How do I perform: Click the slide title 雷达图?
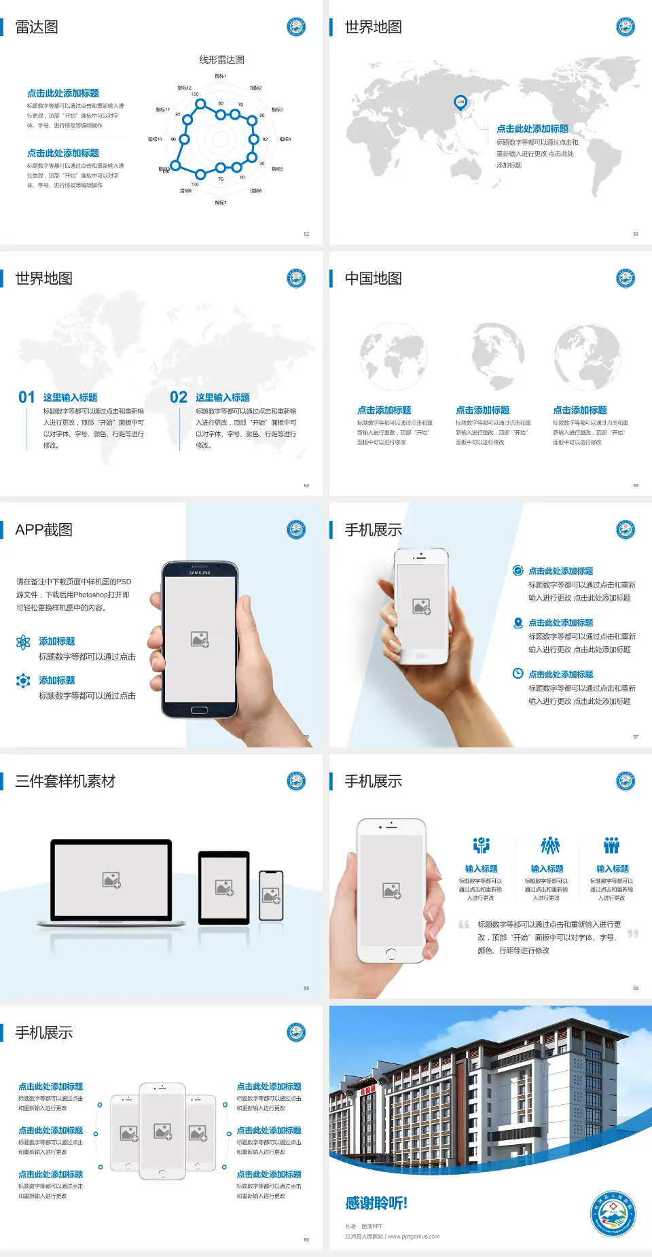[x=37, y=27]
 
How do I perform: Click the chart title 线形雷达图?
[x=221, y=60]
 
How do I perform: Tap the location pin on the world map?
[x=460, y=102]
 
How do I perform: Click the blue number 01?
[x=26, y=397]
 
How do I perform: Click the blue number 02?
[x=179, y=397]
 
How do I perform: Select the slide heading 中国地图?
[x=373, y=279]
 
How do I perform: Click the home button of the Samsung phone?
[x=199, y=710]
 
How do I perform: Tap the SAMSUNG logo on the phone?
[x=200, y=573]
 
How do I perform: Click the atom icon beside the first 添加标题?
[x=23, y=642]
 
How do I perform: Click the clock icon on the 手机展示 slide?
[x=518, y=673]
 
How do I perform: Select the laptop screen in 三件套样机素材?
[x=111, y=880]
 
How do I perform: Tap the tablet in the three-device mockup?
[x=224, y=887]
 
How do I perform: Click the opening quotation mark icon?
[x=464, y=925]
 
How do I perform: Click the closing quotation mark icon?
[x=633, y=934]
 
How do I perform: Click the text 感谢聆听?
[x=376, y=1204]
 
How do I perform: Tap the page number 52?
[x=306, y=234]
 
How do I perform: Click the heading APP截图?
[x=43, y=530]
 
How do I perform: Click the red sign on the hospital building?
[x=367, y=1090]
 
